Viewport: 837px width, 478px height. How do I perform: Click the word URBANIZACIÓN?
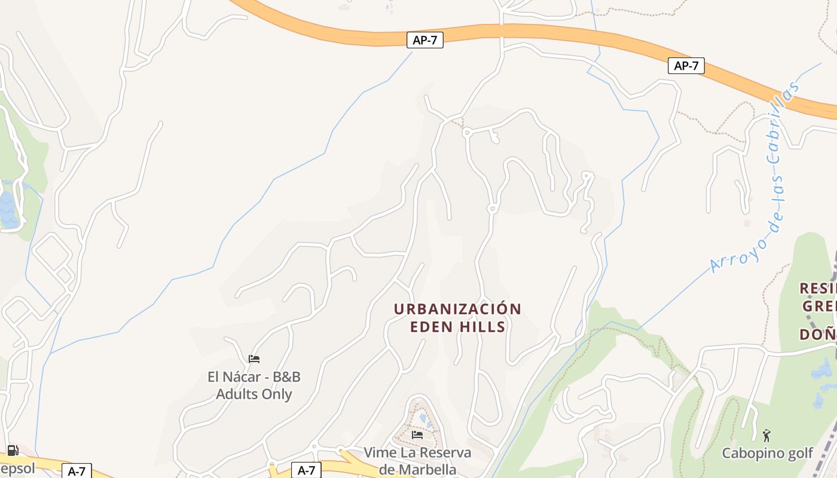tap(457, 309)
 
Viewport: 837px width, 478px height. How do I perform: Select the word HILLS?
tap(483, 327)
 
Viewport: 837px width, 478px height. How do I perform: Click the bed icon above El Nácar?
tap(254, 359)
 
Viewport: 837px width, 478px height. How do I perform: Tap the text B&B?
tap(285, 377)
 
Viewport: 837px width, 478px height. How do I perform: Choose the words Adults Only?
tap(254, 394)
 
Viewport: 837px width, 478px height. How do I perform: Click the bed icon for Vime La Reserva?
tap(417, 434)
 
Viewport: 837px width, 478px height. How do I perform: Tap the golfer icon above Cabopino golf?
tap(767, 436)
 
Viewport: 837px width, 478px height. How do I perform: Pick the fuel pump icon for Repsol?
tap(13, 451)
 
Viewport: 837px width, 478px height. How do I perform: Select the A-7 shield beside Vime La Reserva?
tap(306, 470)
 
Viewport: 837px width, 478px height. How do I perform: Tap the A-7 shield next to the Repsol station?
tap(77, 471)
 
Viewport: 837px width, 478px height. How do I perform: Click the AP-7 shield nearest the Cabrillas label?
tap(686, 66)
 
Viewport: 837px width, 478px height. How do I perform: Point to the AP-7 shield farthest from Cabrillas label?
tap(425, 40)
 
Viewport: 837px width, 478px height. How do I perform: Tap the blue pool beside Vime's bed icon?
tap(423, 417)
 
